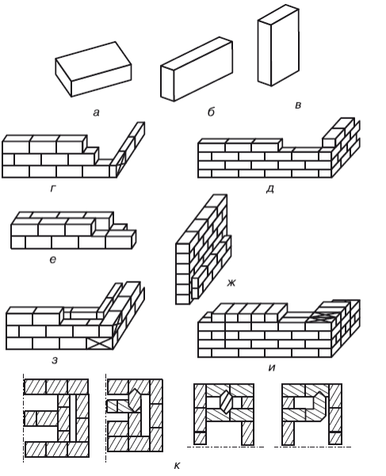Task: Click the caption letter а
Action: (96, 113)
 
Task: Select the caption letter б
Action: (211, 112)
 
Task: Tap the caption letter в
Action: (298, 105)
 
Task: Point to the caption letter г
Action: (53, 189)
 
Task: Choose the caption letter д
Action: (269, 189)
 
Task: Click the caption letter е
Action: (53, 259)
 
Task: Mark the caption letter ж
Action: (231, 283)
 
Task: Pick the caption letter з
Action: (55, 360)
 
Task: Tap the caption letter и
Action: (272, 367)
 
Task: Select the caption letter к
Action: (177, 466)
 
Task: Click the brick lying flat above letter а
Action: (94, 69)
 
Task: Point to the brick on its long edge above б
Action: (197, 69)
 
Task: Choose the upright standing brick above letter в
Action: (278, 45)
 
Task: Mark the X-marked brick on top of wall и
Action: (322, 317)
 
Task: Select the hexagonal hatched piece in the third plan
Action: (225, 401)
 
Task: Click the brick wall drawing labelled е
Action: (74, 230)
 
